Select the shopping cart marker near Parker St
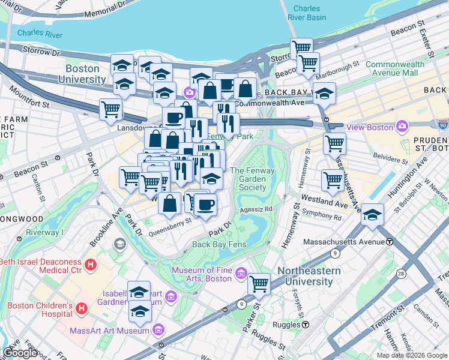pos(259,284)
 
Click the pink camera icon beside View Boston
pos(402,127)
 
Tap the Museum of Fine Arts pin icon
pos(241,274)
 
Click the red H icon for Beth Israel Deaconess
pos(90,264)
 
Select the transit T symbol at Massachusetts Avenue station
pos(390,242)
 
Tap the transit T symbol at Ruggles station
pos(306,325)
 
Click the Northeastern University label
pos(309,276)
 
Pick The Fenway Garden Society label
pos(248,179)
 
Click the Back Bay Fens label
pos(219,244)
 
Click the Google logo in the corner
pos(20,353)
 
